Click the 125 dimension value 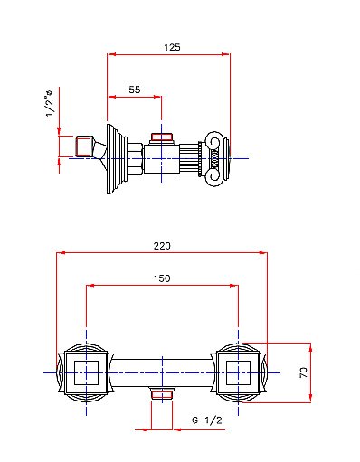168,45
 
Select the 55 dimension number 134,89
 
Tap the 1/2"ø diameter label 51,102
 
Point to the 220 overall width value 163,245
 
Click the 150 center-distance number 162,278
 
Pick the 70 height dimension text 305,371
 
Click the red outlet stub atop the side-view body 162,138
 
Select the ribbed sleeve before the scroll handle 192,158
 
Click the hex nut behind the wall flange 134,158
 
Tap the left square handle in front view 86,372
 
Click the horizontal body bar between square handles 162,372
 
